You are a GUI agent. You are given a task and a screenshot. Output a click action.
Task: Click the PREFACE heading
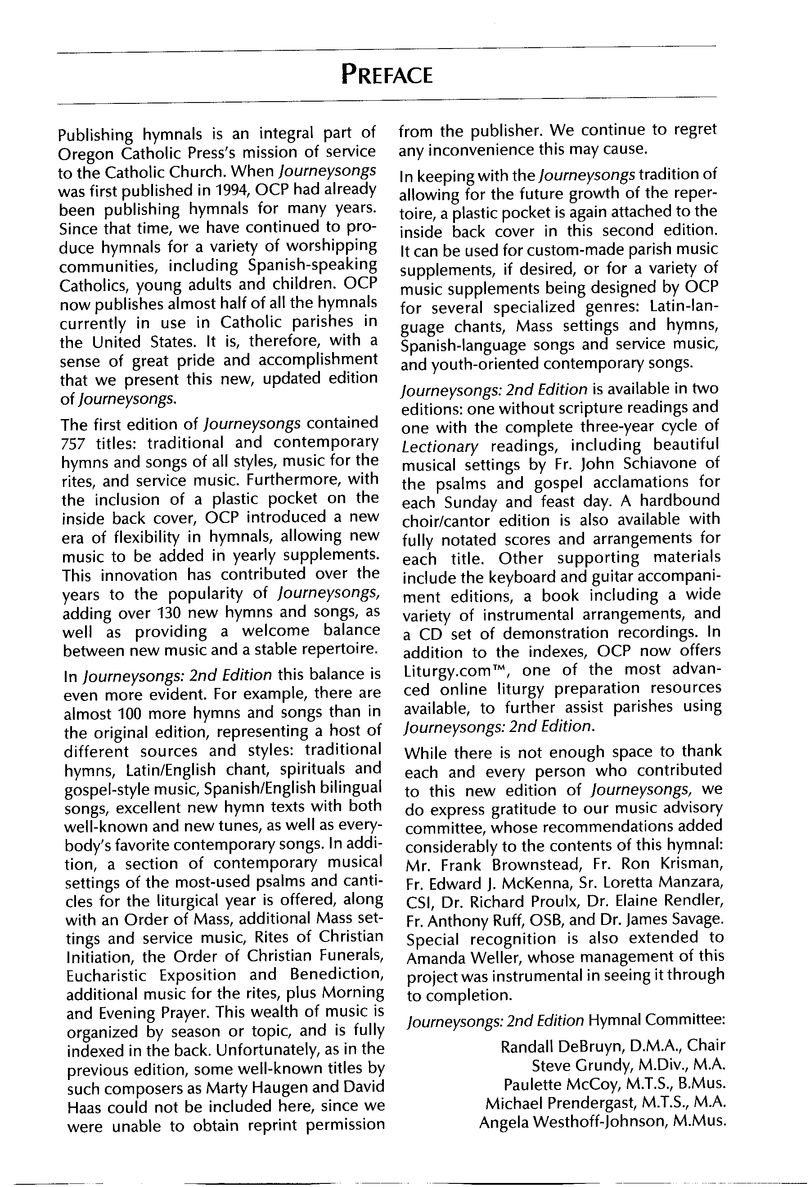tap(387, 76)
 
